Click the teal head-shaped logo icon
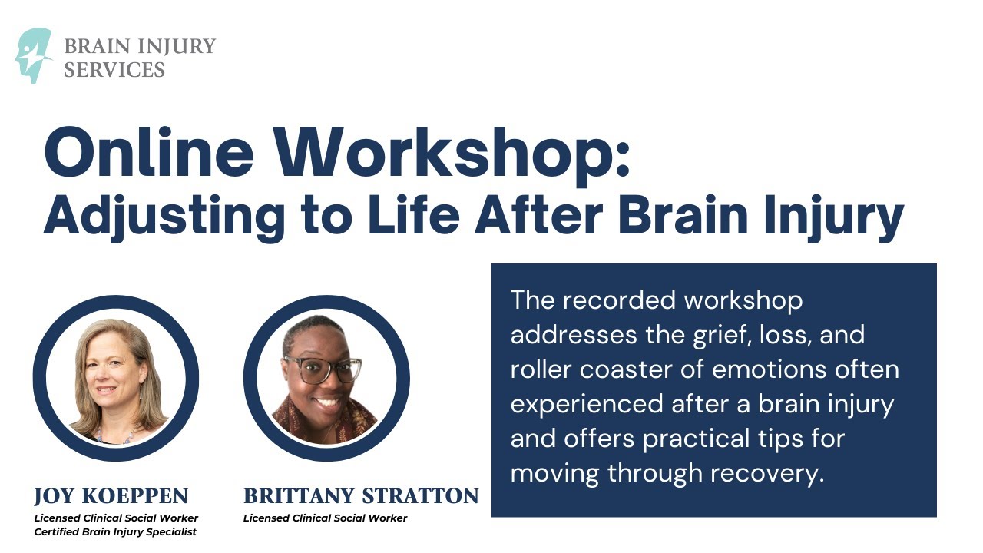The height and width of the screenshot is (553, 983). (x=33, y=55)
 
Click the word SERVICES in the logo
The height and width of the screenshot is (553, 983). (x=114, y=70)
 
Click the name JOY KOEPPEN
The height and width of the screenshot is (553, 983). (x=111, y=495)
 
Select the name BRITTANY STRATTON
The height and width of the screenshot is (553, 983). (x=361, y=495)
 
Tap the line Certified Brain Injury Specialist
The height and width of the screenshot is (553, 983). (x=115, y=532)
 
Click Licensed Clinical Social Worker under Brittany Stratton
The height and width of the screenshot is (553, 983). (x=325, y=518)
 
